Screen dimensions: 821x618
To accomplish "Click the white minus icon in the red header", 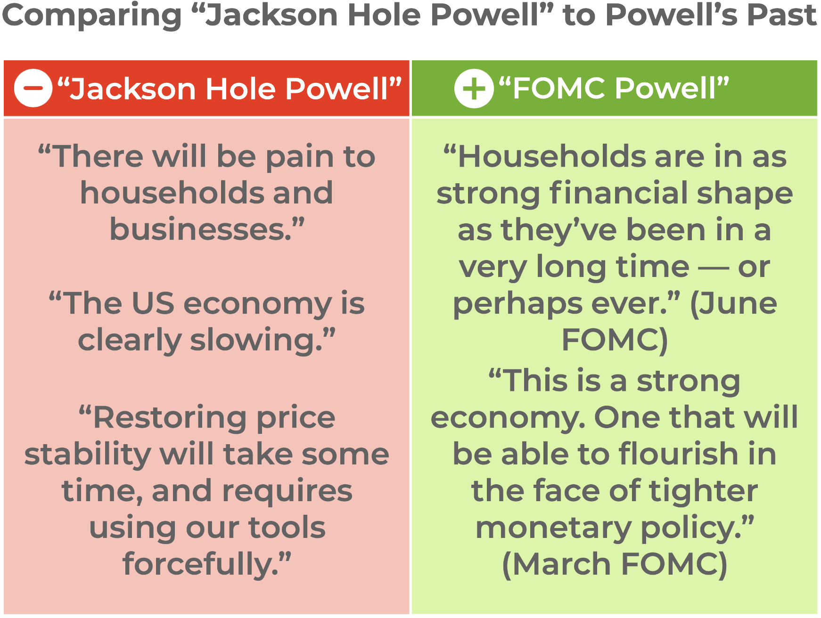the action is click(33, 88).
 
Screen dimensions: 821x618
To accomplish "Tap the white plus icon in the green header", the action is click(474, 89).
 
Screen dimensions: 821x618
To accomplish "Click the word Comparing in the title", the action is click(92, 16).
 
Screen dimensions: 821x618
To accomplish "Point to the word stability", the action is click(87, 454).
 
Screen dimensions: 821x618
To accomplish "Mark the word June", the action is click(739, 303).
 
